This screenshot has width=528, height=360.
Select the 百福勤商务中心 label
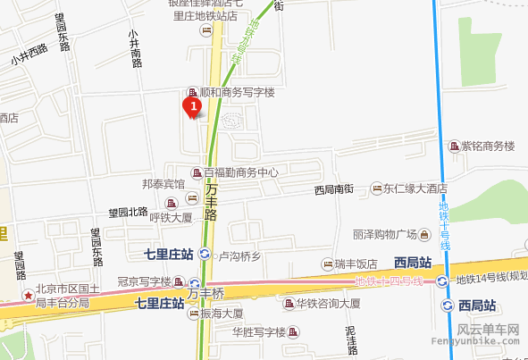point(240,172)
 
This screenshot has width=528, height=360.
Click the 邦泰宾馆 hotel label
point(163,184)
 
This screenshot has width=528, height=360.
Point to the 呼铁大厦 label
point(171,217)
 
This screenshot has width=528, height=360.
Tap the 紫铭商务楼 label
point(488,147)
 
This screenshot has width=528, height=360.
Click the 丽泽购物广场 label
point(385,234)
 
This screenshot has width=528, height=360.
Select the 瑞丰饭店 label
point(356,264)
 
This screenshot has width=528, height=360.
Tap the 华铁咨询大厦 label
point(328,304)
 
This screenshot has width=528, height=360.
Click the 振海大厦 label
point(221,314)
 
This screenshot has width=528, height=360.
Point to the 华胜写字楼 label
point(258,333)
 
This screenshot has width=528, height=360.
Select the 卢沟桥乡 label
point(239,256)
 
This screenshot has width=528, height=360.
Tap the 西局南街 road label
point(335,189)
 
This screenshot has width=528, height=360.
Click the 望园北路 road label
point(128,213)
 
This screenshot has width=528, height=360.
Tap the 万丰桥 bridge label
point(205,292)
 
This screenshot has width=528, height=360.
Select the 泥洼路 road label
point(350,339)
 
